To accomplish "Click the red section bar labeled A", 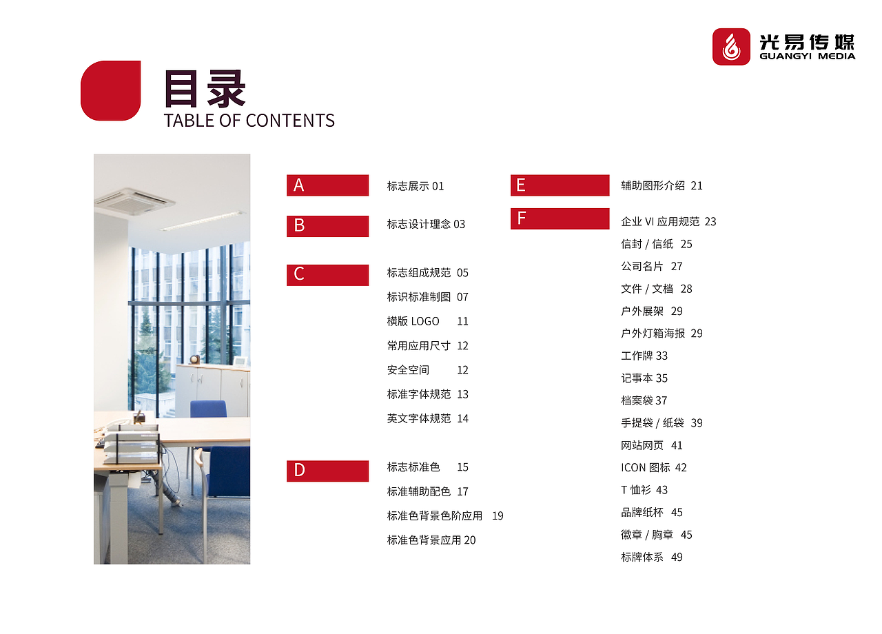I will [x=327, y=185].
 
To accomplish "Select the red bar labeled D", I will [x=327, y=471].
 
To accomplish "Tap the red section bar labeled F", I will [x=560, y=218].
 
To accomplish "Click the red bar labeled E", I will [x=560, y=185].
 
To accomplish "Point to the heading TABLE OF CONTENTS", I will [x=249, y=121].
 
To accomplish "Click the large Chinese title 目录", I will [x=205, y=89].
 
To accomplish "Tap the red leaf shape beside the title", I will [x=111, y=90].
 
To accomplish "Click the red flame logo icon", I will [x=731, y=47].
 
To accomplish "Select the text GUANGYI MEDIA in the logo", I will [x=807, y=57].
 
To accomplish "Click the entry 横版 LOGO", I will [x=413, y=321].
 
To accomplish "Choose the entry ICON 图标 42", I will [x=653, y=467].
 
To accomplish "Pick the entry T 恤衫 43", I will [x=644, y=490].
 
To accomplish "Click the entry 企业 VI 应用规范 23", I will [x=668, y=221].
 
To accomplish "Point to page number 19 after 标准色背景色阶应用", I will [x=498, y=515].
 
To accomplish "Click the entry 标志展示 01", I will [x=416, y=186].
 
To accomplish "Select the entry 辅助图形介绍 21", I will [x=661, y=185].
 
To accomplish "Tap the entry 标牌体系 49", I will [x=651, y=557].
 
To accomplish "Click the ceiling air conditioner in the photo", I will [x=134, y=201].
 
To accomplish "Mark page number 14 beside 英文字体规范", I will [x=462, y=418].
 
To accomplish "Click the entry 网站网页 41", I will [x=651, y=445].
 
